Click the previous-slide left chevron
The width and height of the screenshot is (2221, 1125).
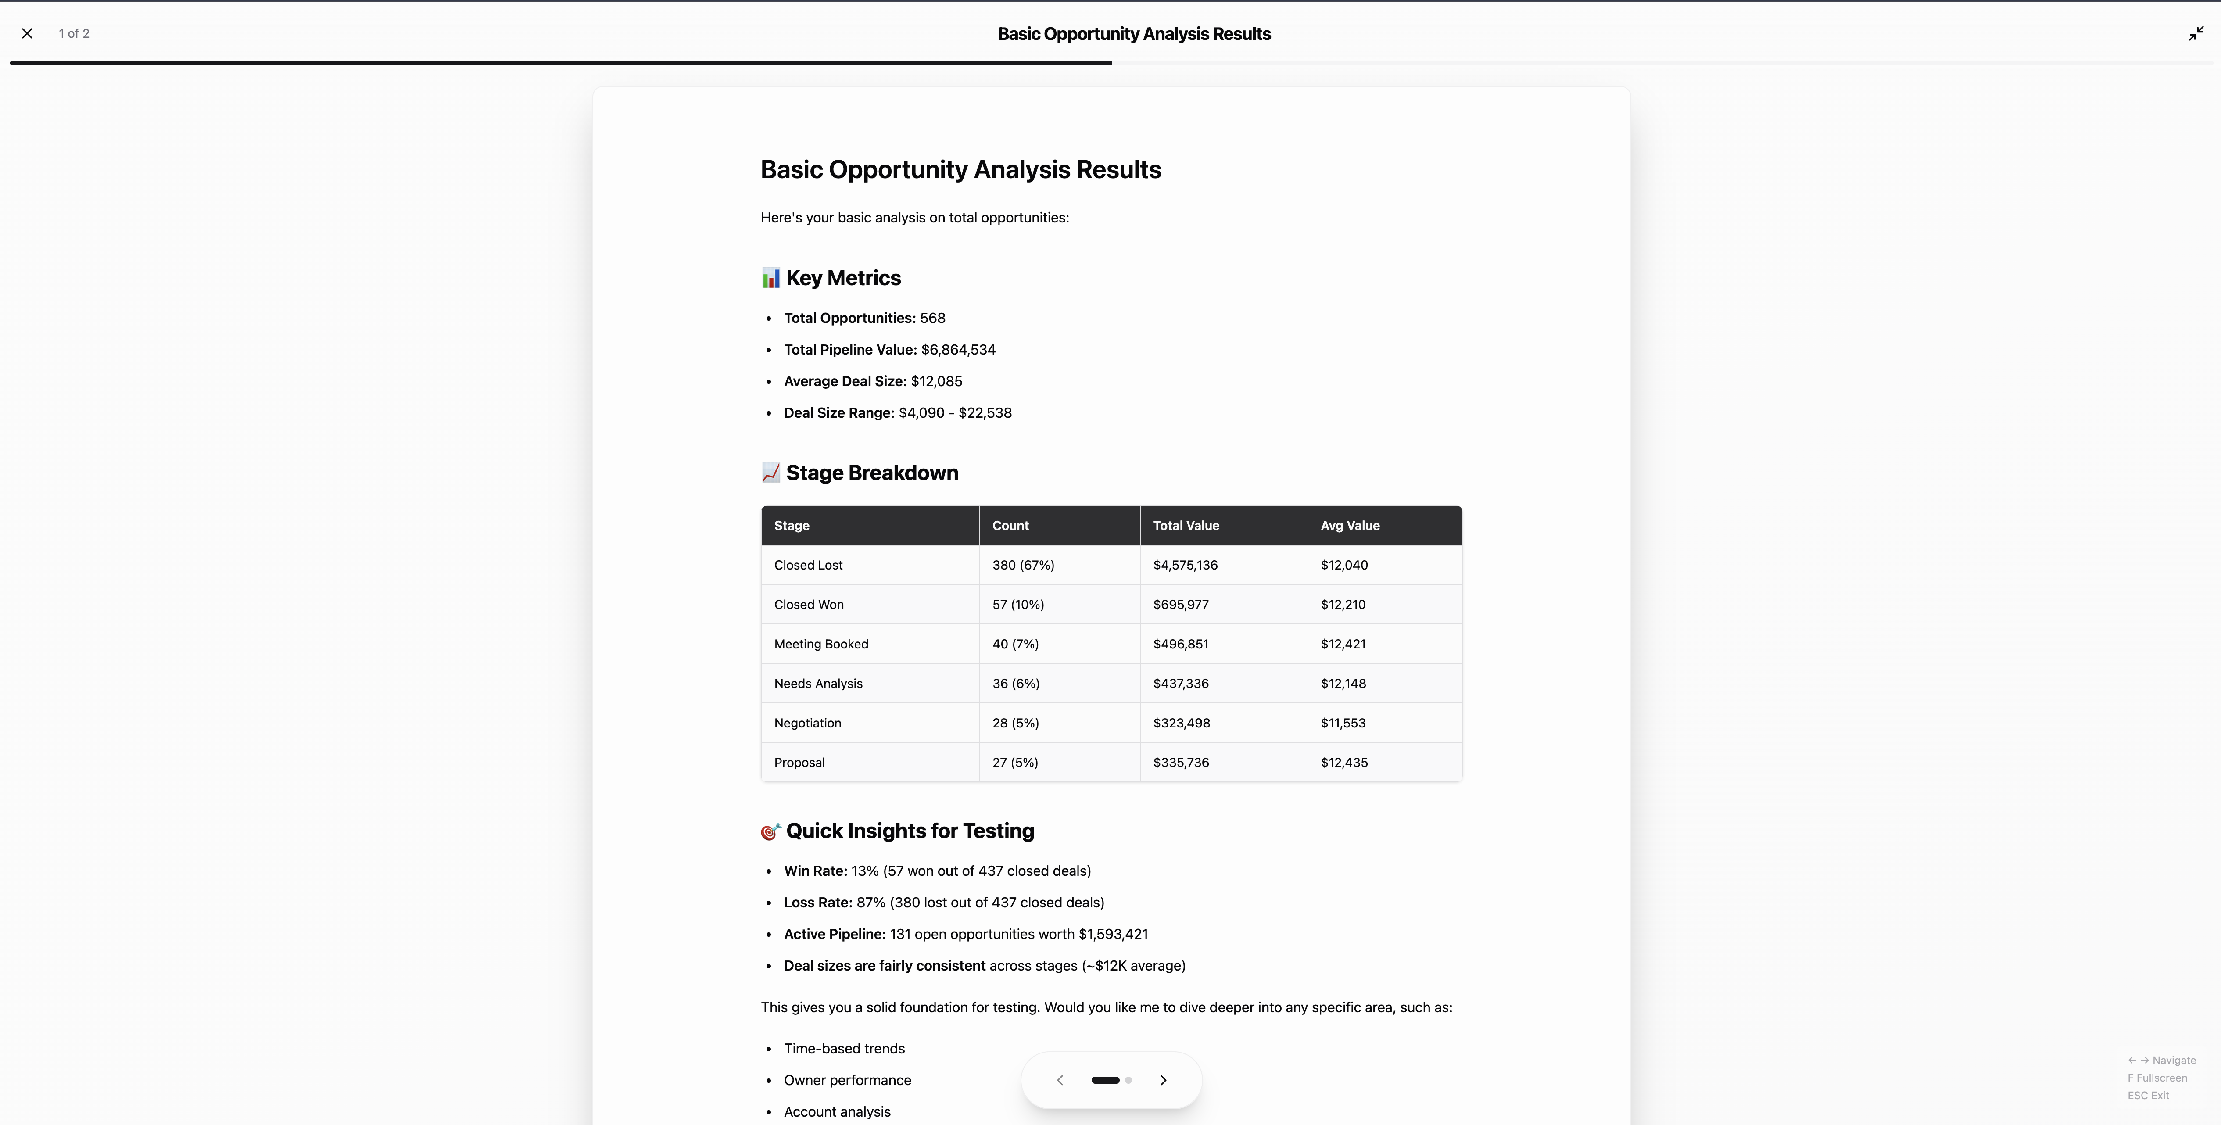tap(1060, 1080)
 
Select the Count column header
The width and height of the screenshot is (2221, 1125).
tap(1010, 526)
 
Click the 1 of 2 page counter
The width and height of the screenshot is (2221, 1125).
tap(74, 34)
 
